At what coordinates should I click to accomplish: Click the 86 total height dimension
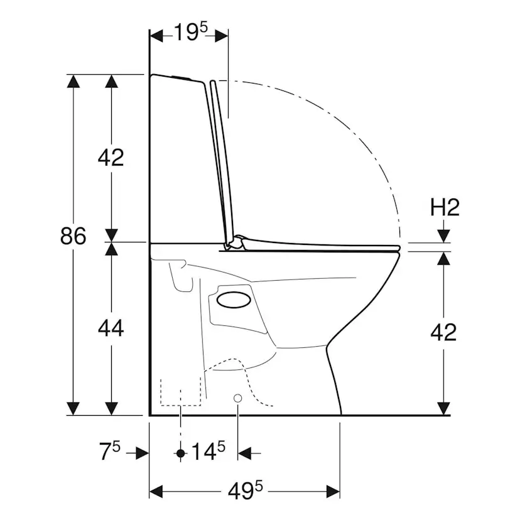(73, 236)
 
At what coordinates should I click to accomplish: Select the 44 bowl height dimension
(111, 328)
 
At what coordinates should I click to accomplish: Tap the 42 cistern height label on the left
(111, 158)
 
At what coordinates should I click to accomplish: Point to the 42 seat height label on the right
(443, 332)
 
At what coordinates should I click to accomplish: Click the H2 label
(445, 208)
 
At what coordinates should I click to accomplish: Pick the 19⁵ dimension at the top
(191, 32)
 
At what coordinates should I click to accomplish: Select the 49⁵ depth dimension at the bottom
(246, 491)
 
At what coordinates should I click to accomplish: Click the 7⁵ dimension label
(110, 451)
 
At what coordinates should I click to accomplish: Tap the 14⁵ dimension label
(209, 451)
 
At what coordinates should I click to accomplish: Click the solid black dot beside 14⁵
(180, 453)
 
